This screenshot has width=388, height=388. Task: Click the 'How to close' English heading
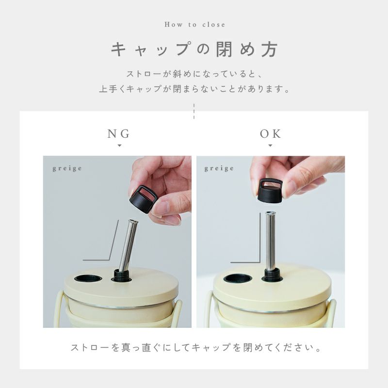coord(195,25)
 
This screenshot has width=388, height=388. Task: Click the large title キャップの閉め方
coord(194,49)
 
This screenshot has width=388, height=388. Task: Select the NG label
coord(119,134)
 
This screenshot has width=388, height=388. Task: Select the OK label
coord(271,134)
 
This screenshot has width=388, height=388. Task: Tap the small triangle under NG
coord(119,145)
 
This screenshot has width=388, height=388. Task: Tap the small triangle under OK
coord(270,145)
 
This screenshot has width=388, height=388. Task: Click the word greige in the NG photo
coord(67,169)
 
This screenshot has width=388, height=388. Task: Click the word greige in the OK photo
coord(219,169)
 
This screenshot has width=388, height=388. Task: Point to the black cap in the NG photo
coord(143,199)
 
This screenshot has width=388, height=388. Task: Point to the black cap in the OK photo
coord(270,191)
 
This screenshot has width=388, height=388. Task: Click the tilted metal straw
coord(128,245)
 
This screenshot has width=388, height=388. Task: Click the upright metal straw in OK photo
coord(270,241)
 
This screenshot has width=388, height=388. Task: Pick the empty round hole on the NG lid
coord(88,278)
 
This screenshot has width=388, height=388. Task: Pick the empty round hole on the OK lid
coord(238,279)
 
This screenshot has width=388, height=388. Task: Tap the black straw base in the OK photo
coord(272,275)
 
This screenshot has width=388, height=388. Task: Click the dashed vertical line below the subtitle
coord(194,112)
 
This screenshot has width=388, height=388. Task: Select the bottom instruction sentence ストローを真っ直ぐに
coord(195,348)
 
